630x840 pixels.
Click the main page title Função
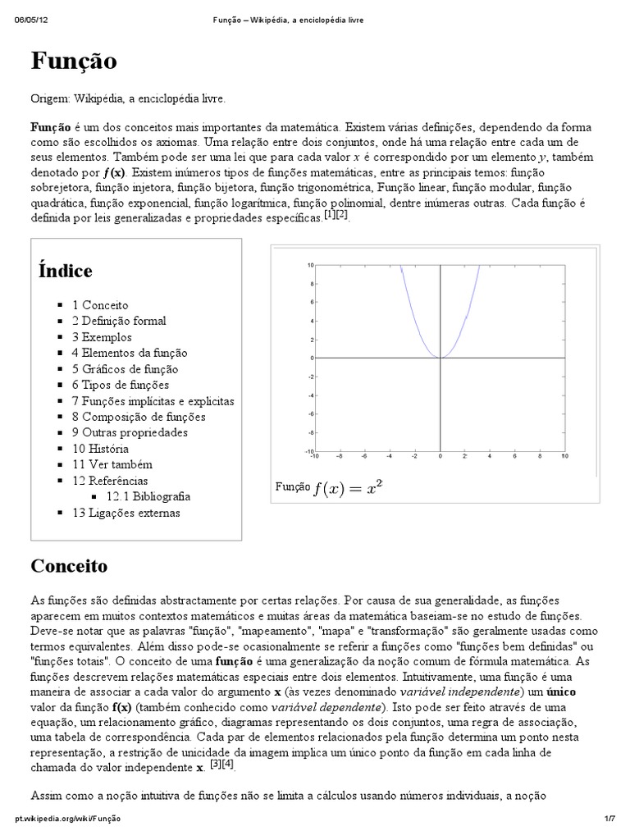tap(74, 61)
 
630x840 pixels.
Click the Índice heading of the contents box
tap(65, 271)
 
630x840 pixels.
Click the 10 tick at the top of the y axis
tap(310, 265)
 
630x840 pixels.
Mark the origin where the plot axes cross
tap(441, 358)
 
